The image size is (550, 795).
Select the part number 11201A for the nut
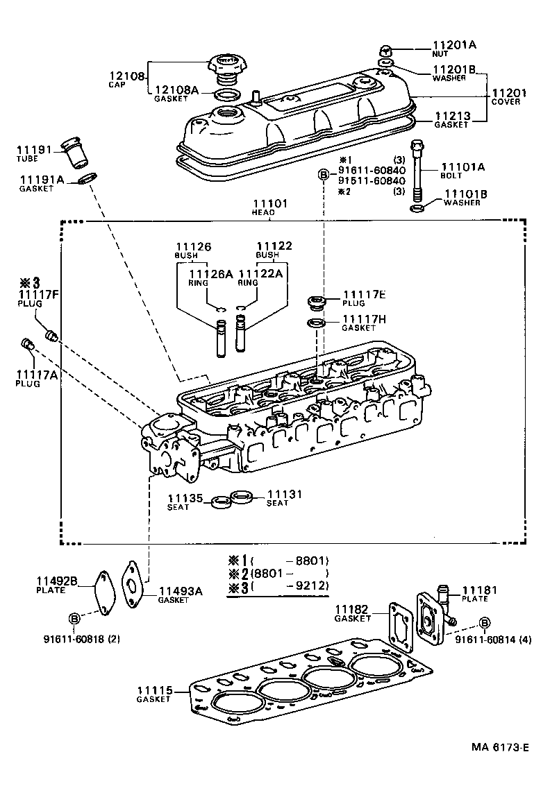pyautogui.click(x=454, y=45)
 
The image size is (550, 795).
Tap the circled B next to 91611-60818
pyautogui.click(x=74, y=618)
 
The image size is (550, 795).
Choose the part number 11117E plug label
pyautogui.click(x=359, y=295)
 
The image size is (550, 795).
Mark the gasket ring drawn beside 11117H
pyautogui.click(x=316, y=323)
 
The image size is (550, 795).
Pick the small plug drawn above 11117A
pyautogui.click(x=28, y=345)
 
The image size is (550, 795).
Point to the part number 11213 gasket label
pyautogui.click(x=452, y=116)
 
